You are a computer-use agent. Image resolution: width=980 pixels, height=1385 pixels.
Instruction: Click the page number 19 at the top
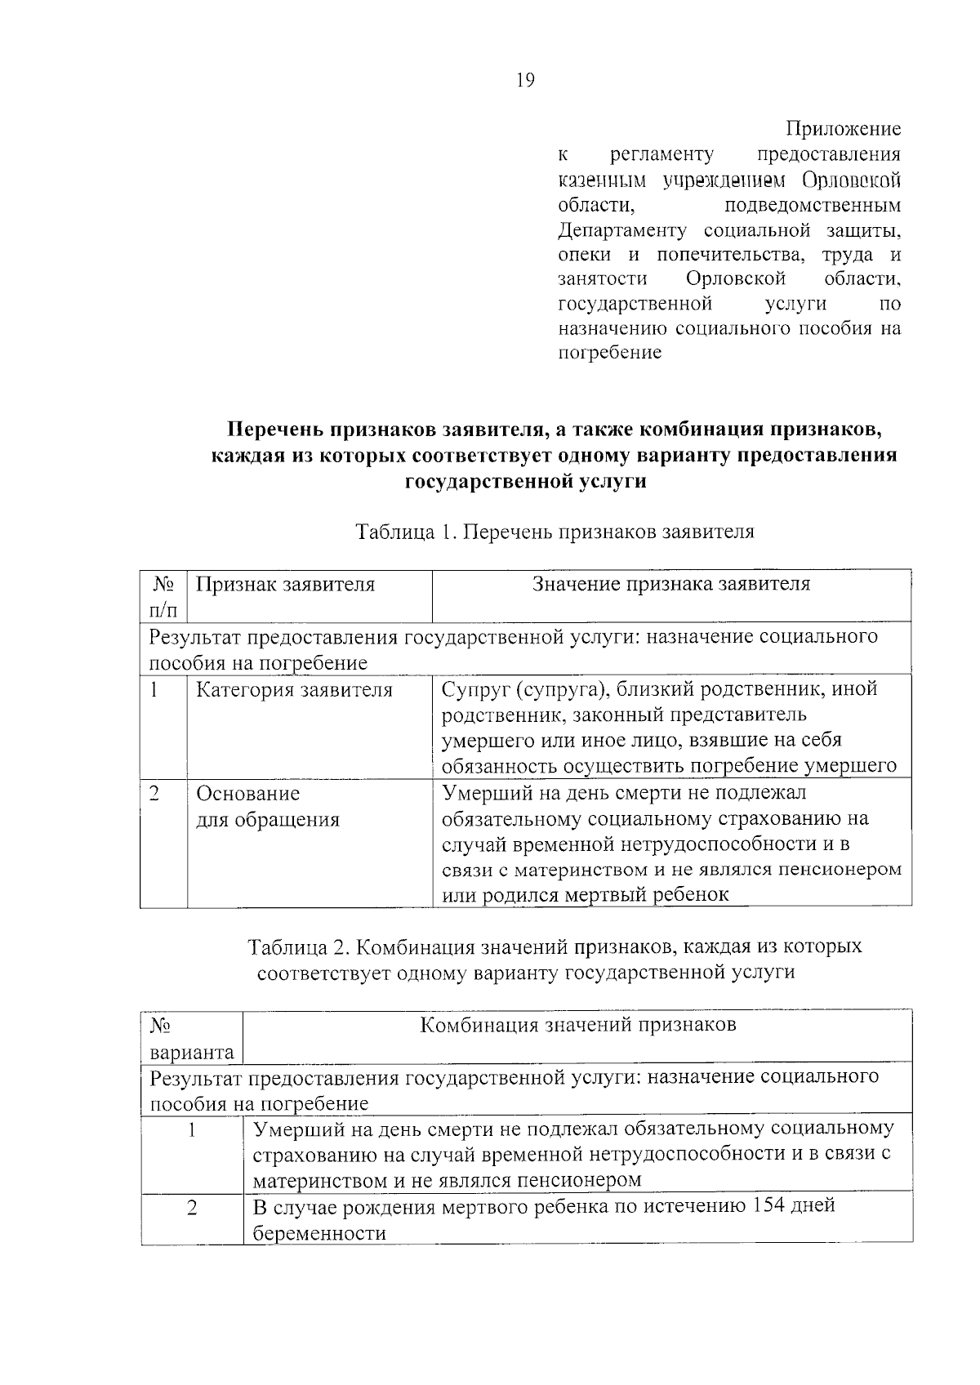coord(525,80)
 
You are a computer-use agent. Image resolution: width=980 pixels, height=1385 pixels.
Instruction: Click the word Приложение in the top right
coord(843,129)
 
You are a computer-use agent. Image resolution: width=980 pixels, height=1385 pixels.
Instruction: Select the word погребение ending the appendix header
coord(608,354)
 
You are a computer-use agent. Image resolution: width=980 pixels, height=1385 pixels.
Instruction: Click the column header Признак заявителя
coord(286,584)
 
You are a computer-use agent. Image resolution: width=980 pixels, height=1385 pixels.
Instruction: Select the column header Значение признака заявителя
coord(671,584)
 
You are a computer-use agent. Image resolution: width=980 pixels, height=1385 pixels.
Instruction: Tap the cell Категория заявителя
coord(295,690)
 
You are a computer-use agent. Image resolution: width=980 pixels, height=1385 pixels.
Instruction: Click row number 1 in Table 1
coord(154,689)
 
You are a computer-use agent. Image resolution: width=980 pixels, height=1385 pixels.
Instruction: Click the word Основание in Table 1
coord(248,794)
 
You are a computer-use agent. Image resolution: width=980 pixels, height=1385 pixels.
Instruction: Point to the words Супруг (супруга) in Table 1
coord(523,689)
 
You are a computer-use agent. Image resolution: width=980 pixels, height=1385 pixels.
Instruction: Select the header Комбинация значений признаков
coord(577,1024)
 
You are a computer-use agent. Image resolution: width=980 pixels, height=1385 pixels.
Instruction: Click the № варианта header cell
coord(191,1038)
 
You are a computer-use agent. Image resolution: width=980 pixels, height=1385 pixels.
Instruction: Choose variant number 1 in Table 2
coord(192,1131)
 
